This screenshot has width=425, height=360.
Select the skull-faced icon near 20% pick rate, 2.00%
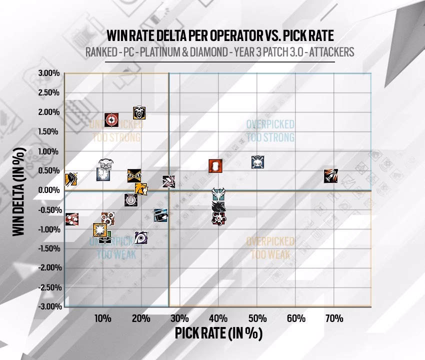coord(139,113)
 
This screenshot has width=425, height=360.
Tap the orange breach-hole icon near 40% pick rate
coord(215,166)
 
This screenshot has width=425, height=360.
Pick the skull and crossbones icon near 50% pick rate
coord(257,162)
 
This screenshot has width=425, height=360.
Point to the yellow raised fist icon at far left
coord(70,178)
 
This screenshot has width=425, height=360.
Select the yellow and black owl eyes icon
coord(134,175)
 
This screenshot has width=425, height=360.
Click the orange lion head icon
coord(141,189)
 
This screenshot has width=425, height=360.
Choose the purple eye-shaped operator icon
coord(141,237)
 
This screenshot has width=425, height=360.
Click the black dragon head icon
coord(218,206)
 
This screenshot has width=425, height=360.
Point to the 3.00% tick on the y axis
coord(49,73)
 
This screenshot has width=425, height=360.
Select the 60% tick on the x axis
coord(295,318)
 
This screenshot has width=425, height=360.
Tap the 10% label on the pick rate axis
coord(102,318)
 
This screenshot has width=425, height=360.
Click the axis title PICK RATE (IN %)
coord(218,333)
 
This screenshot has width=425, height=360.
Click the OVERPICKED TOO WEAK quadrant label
coord(270,248)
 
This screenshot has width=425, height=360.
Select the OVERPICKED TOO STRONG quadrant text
coord(270,130)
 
